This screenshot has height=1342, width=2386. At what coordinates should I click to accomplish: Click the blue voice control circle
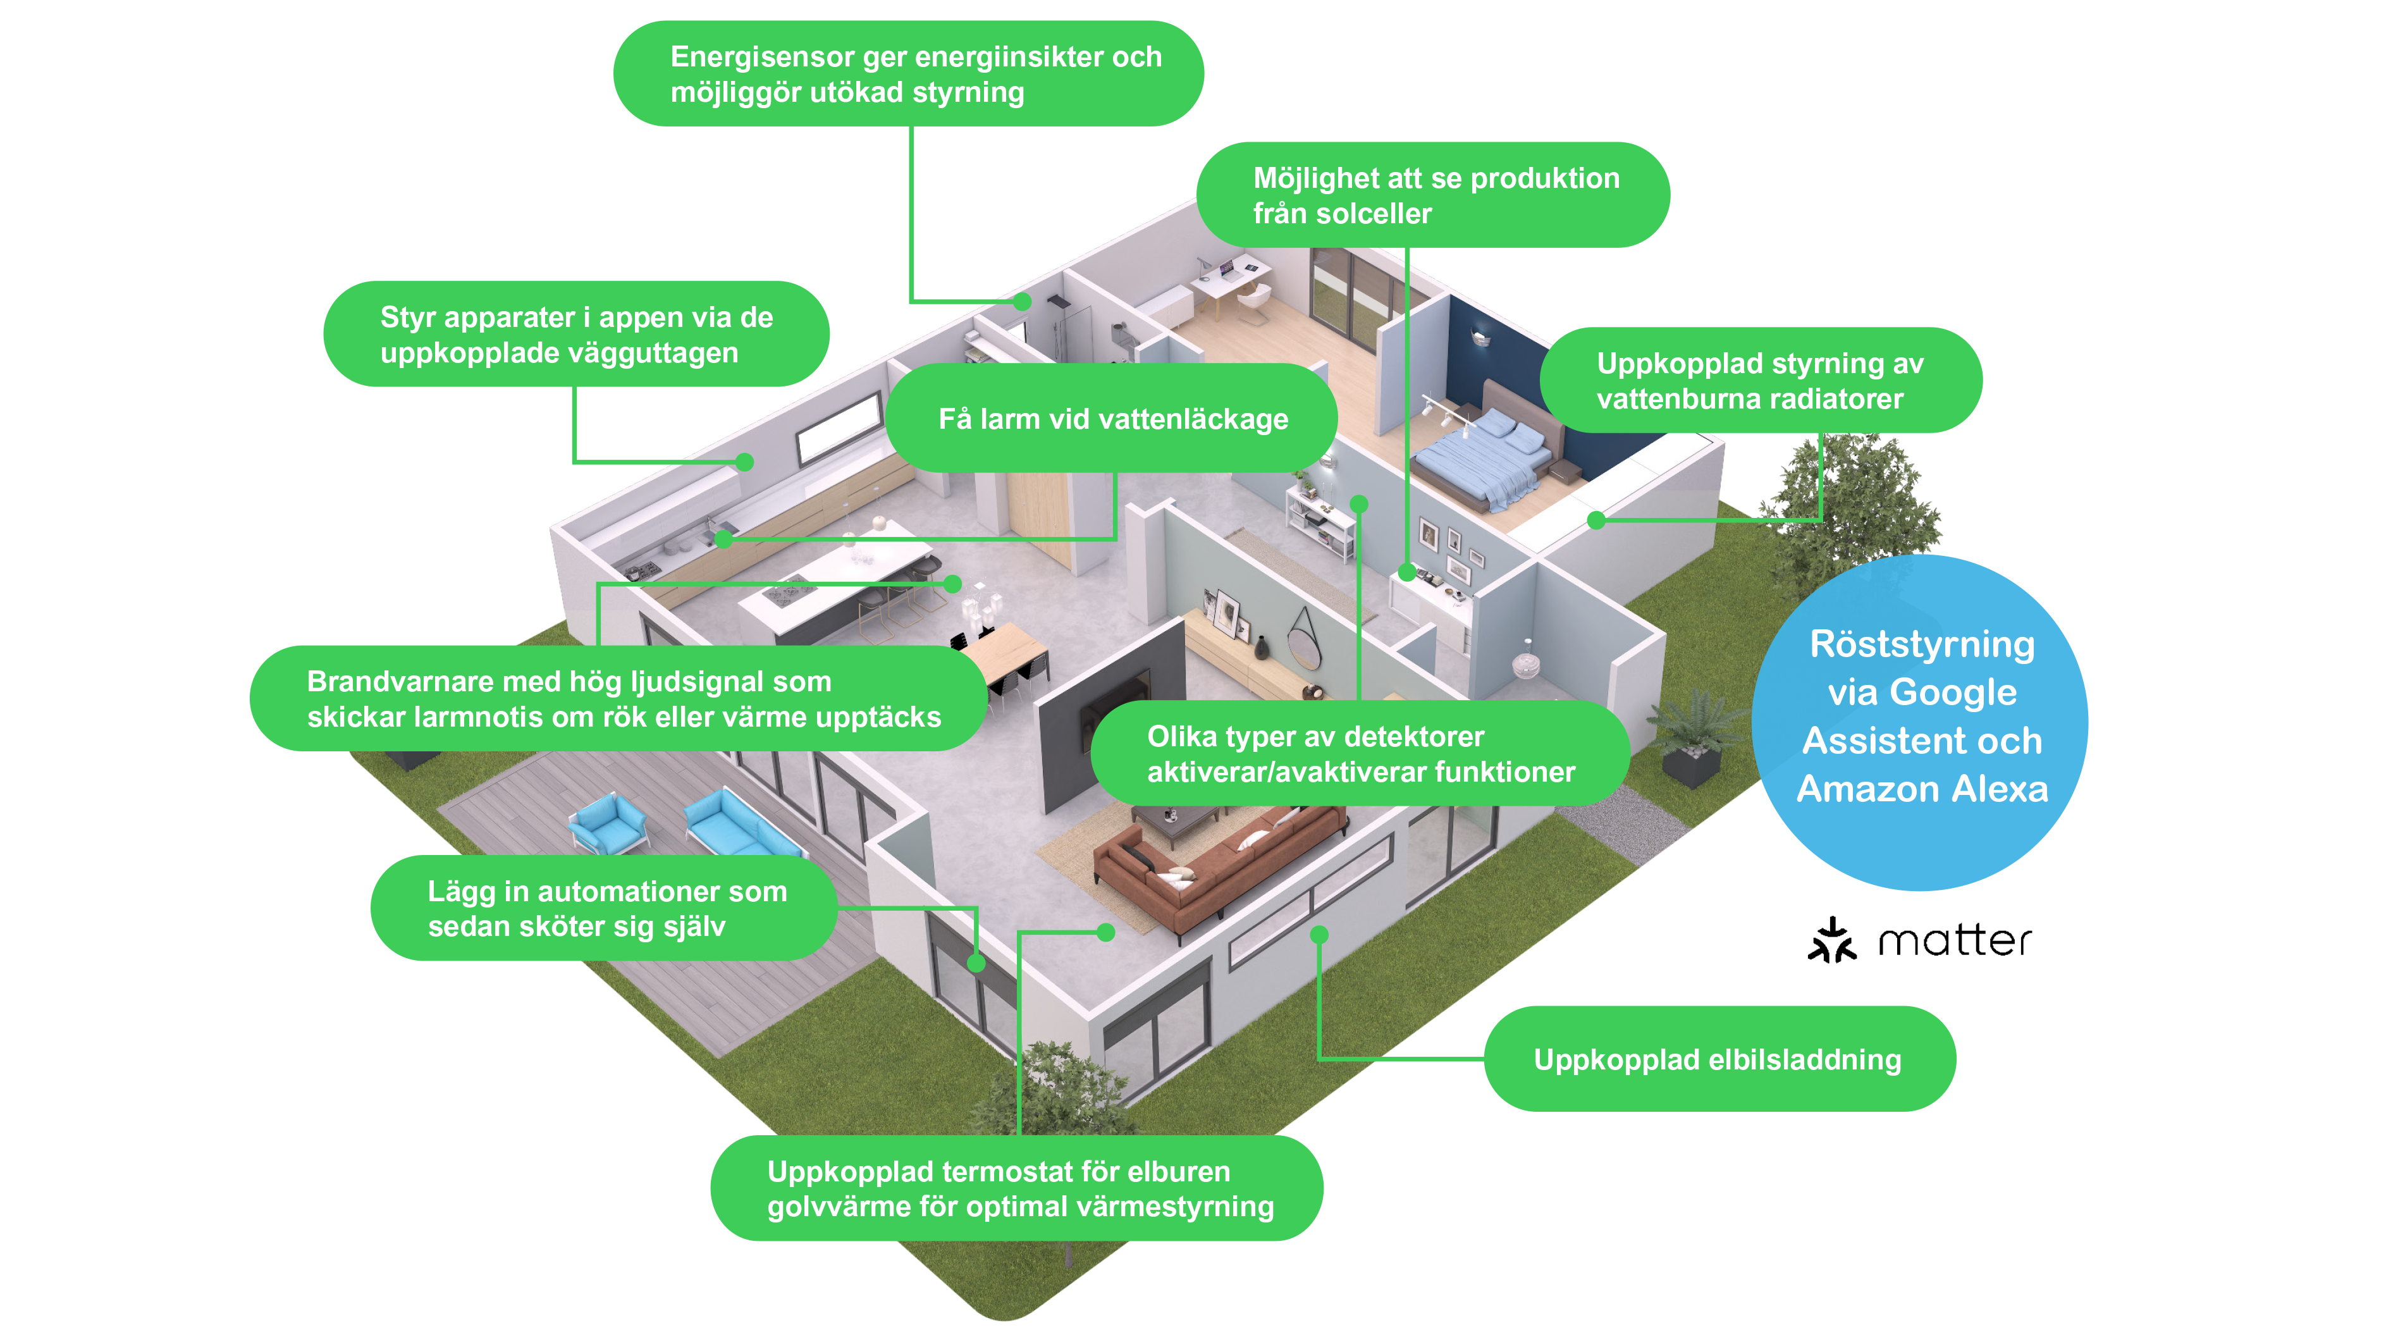(x=1919, y=722)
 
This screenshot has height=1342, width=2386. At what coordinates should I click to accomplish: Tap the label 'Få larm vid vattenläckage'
(x=1112, y=419)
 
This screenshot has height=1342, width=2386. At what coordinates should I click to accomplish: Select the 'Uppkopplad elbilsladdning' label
(x=1718, y=1059)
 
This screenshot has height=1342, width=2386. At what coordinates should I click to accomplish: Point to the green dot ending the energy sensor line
(x=1022, y=302)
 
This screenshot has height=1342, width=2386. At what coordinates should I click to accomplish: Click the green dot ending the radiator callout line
(x=1596, y=520)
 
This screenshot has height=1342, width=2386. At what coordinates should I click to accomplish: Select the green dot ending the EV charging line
(x=1320, y=935)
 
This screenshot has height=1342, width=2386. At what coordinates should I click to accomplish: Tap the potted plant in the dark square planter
(x=1691, y=741)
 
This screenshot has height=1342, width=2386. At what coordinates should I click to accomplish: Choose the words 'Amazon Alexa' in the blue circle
(x=1922, y=789)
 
